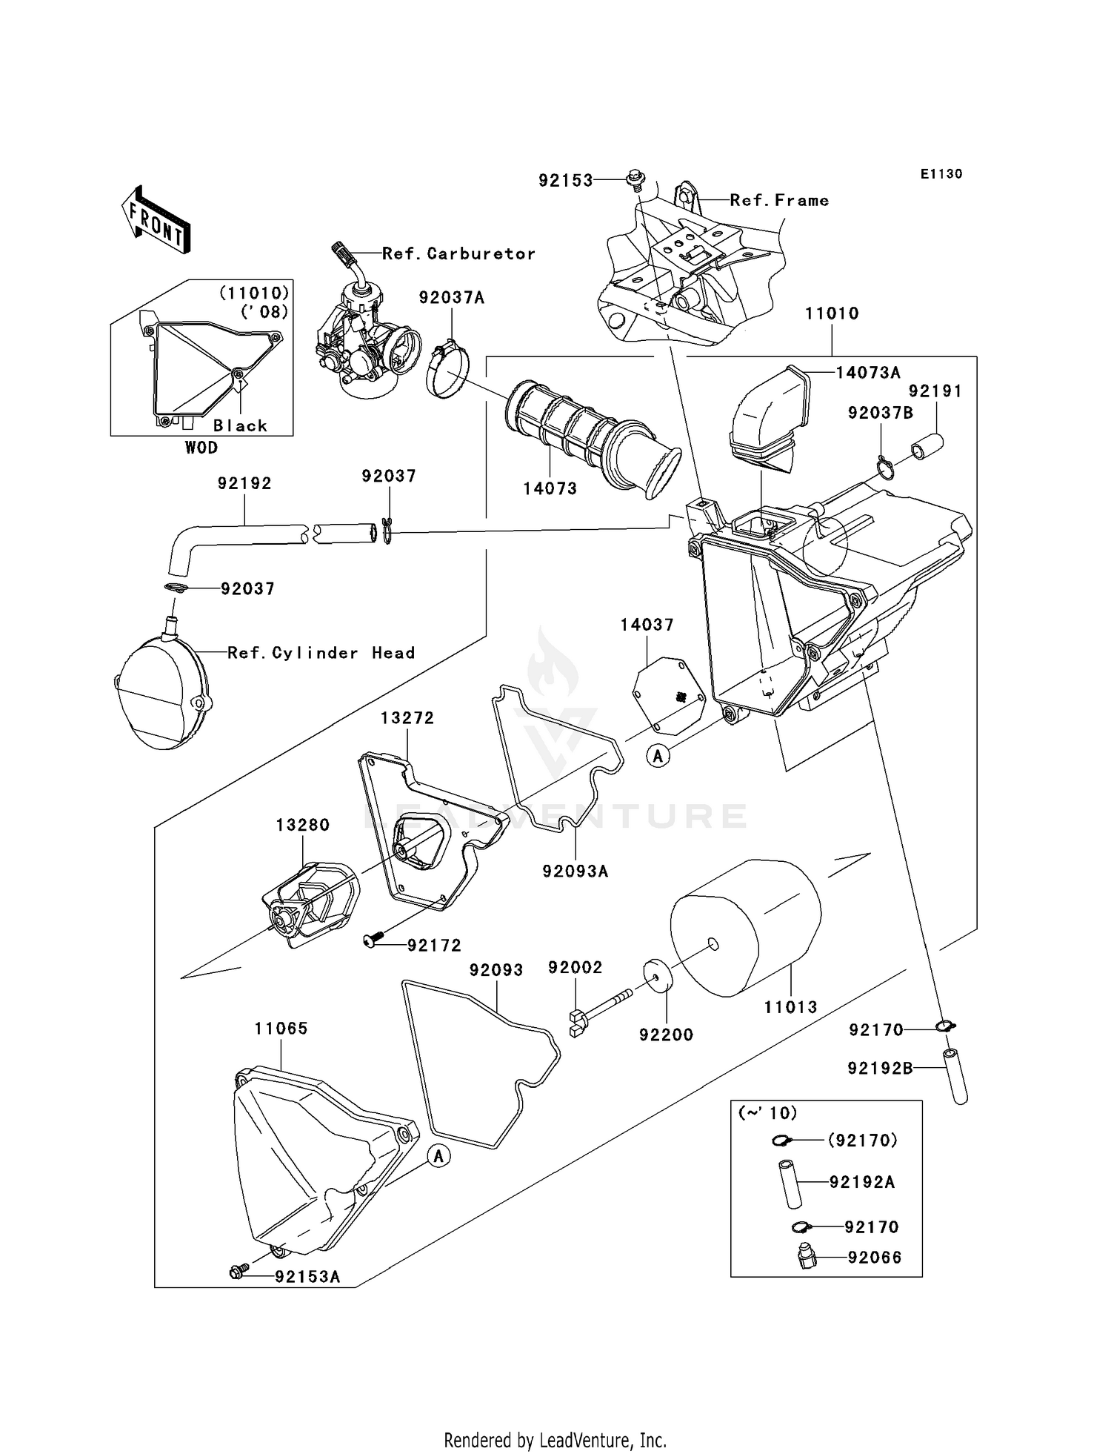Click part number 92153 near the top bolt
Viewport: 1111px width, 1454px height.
pyautogui.click(x=566, y=180)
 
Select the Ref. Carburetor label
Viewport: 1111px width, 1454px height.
pyautogui.click(x=458, y=253)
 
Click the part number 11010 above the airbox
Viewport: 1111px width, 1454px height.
pyautogui.click(x=832, y=313)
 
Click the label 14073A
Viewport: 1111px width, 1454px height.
pyautogui.click(x=868, y=373)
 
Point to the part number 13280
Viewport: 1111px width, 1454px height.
pyautogui.click(x=302, y=825)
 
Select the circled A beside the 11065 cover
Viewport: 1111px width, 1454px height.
pyautogui.click(x=439, y=1155)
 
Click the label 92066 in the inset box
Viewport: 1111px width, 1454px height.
pyautogui.click(x=875, y=1258)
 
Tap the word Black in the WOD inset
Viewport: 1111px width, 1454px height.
pyautogui.click(x=240, y=425)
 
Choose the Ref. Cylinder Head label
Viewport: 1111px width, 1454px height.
pyautogui.click(x=321, y=653)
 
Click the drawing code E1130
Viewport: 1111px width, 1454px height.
pyautogui.click(x=941, y=174)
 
